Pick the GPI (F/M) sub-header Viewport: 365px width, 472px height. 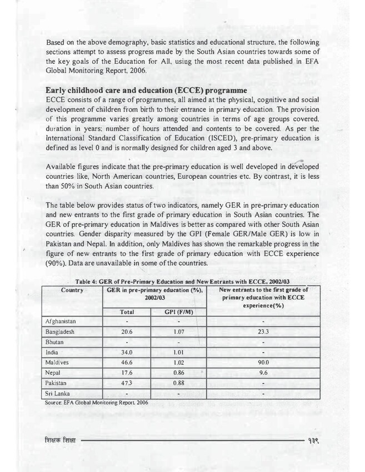click(178, 312)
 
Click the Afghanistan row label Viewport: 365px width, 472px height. click(61, 322)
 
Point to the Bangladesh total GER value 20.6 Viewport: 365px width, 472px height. click(127, 332)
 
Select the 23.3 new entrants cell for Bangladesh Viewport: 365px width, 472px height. click(264, 332)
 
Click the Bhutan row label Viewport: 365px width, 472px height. click(55, 342)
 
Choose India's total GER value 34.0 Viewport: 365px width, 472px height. click(127, 352)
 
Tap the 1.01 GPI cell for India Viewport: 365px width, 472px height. click(178, 352)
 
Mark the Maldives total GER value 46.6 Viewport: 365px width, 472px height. click(127, 363)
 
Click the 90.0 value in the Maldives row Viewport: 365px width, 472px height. click(264, 363)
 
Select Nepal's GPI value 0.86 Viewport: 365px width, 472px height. click(178, 373)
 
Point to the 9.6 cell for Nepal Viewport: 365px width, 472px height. click(264, 373)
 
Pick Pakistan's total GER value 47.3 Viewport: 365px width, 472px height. click(127, 383)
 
